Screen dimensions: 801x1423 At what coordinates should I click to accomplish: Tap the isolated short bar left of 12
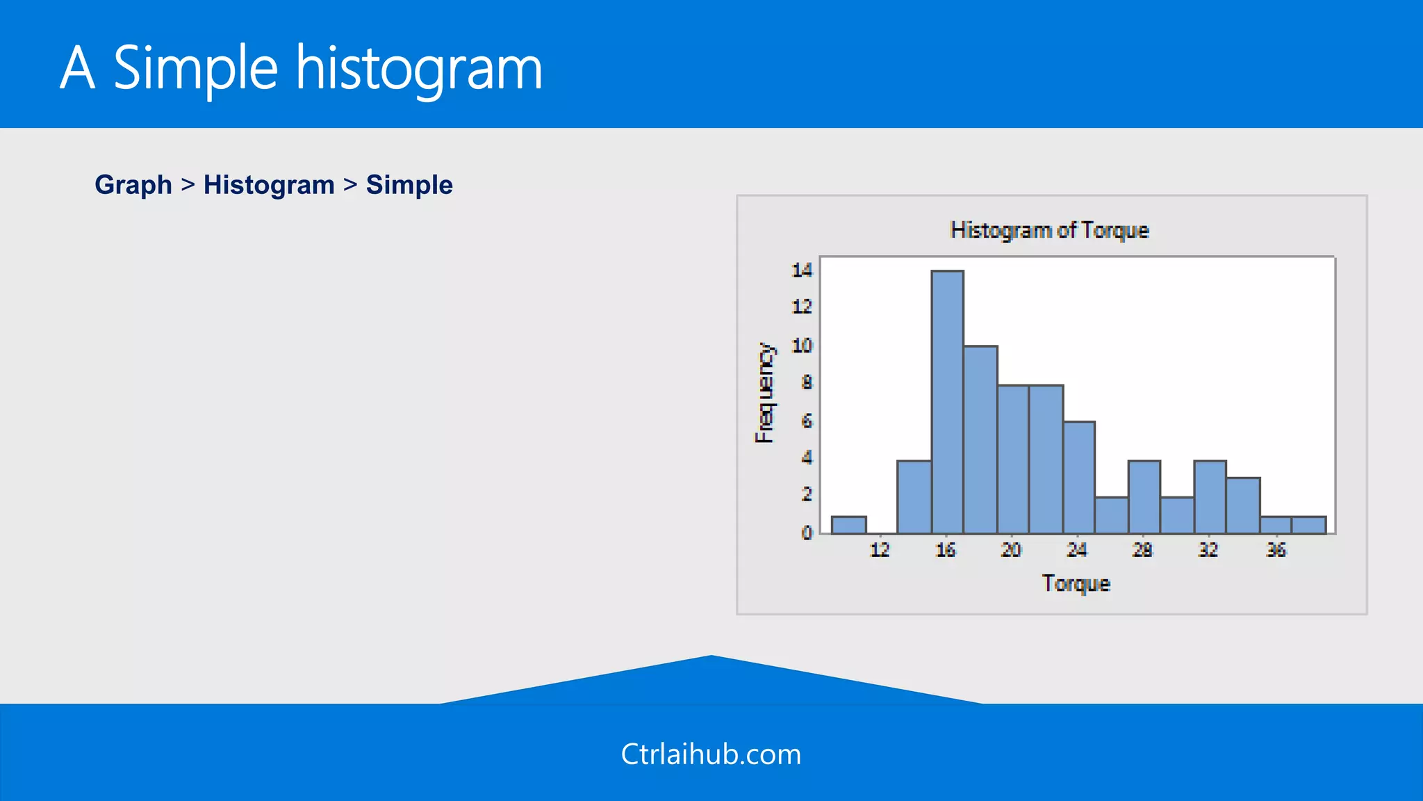tap(848, 525)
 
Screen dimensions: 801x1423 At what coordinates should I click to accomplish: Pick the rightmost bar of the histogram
tap(1309, 525)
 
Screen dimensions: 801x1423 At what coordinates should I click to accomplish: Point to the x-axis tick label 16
tap(945, 550)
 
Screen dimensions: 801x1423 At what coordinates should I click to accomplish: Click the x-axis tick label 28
tap(1142, 550)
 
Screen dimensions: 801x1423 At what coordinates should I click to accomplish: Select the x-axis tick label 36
tap(1276, 550)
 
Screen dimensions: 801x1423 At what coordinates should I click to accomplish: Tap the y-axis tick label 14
tap(802, 270)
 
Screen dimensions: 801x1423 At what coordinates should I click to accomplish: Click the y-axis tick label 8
tap(806, 382)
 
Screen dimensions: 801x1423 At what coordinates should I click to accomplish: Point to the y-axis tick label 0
tap(806, 533)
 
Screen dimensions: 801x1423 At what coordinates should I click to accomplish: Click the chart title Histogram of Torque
tap(1049, 230)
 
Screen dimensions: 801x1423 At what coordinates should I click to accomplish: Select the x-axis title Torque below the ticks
tap(1076, 583)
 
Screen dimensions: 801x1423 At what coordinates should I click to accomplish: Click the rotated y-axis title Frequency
tap(764, 393)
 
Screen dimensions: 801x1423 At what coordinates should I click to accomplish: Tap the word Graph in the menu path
tap(133, 185)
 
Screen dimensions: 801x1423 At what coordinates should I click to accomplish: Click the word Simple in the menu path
tap(409, 185)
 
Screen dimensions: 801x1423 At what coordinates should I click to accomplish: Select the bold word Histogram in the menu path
tap(269, 185)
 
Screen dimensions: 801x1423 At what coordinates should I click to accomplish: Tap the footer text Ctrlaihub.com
tap(711, 754)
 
